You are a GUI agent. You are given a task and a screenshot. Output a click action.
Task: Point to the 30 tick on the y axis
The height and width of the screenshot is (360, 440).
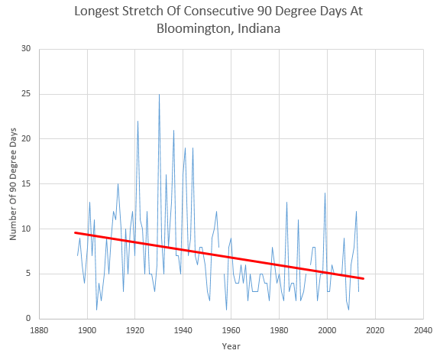tap(26, 49)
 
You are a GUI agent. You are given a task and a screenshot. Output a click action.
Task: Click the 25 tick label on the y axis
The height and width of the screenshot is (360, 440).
tap(26, 94)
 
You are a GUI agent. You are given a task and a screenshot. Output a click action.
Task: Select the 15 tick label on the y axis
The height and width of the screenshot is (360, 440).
tap(26, 183)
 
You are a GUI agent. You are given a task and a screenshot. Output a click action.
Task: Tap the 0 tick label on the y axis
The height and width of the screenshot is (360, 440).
tap(28, 318)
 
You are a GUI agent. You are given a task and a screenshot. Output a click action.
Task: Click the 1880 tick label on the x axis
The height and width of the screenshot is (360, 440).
tap(39, 330)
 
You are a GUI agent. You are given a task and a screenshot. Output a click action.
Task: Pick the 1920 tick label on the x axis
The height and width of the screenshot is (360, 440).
tap(135, 330)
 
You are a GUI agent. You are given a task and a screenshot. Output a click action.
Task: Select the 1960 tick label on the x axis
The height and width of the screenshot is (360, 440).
tap(231, 330)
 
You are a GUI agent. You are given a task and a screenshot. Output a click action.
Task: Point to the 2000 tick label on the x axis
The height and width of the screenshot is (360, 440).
tap(327, 330)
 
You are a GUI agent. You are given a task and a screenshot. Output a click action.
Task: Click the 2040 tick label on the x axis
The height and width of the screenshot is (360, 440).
tap(423, 330)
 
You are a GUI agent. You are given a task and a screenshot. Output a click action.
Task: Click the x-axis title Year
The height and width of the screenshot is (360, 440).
tap(231, 346)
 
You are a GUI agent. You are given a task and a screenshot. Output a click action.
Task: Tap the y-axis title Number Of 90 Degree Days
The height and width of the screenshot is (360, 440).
tap(13, 184)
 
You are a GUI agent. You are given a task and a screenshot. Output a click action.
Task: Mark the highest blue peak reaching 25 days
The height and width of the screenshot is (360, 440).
tap(160, 95)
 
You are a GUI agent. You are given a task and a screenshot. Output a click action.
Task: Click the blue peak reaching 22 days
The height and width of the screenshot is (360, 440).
tap(137, 122)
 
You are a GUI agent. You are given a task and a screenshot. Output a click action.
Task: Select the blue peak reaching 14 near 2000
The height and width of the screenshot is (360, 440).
tap(325, 193)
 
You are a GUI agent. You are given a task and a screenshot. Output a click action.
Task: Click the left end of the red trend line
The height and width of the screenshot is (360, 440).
tap(75, 232)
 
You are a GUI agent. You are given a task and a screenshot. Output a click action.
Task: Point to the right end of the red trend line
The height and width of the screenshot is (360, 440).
tap(364, 278)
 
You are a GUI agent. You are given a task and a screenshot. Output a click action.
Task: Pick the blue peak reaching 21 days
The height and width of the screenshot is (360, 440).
tap(173, 130)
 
